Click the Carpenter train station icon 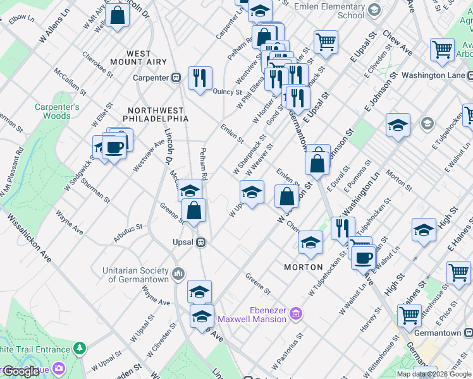pos(176,78)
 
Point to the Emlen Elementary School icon pos(374,9)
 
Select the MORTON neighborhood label pos(304,267)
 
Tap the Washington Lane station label pos(433,75)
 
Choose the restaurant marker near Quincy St pos(200,78)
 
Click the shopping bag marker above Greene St pos(194,210)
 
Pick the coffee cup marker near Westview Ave pos(114,148)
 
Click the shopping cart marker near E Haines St pos(458,272)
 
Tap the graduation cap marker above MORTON pos(310,243)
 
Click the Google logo pos(21,371)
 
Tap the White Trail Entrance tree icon pos(80,349)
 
